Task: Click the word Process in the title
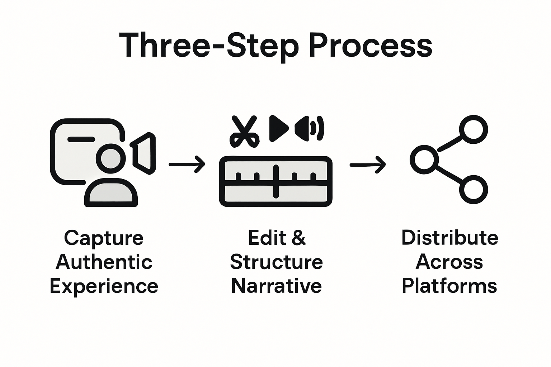click(x=370, y=46)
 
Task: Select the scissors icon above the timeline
click(x=245, y=131)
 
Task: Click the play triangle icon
click(x=278, y=128)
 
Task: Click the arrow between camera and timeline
click(x=187, y=165)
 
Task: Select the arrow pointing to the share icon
click(x=367, y=165)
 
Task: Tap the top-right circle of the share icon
click(x=473, y=129)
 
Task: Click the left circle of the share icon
click(x=424, y=159)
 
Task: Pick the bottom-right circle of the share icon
click(x=473, y=189)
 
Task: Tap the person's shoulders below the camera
click(x=111, y=194)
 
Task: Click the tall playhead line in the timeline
click(x=275, y=181)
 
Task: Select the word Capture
click(x=104, y=238)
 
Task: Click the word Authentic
click(x=104, y=262)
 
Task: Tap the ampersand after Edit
click(x=298, y=238)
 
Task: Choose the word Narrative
click(x=276, y=286)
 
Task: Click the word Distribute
click(x=449, y=238)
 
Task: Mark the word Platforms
click(x=449, y=286)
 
